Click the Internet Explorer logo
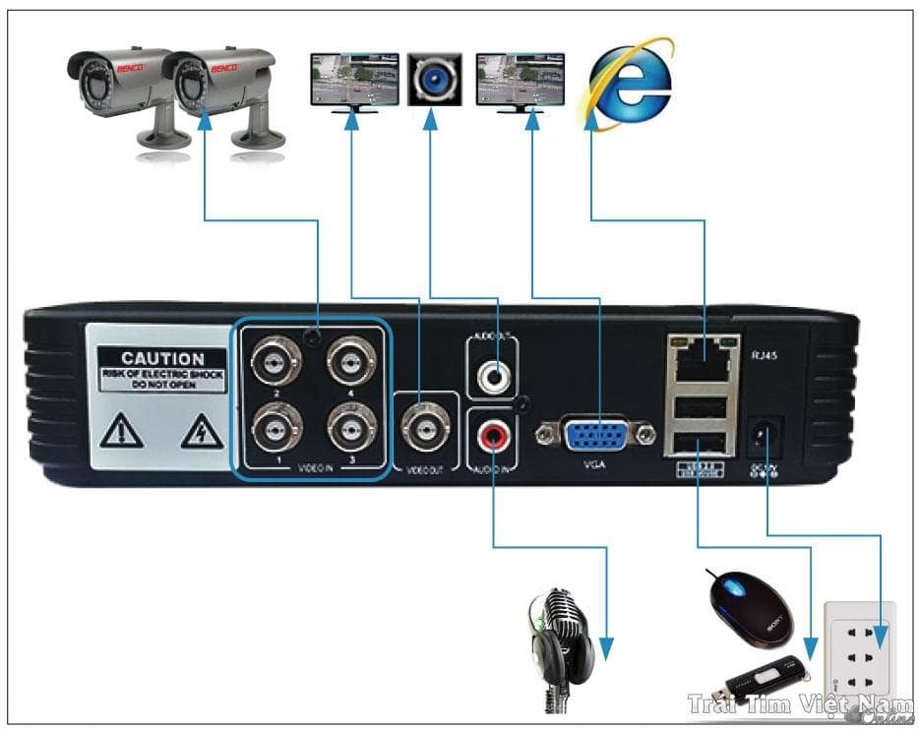click(630, 79)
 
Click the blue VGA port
click(597, 432)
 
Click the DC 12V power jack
click(763, 434)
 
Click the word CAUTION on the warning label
click(162, 359)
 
